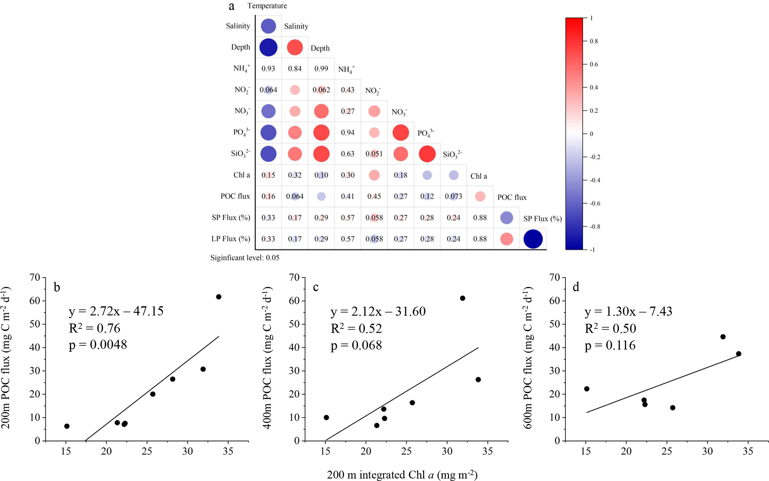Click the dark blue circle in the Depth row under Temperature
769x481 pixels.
click(268, 47)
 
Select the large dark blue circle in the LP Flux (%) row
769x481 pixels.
click(533, 239)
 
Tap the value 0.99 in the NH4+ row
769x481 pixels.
click(321, 68)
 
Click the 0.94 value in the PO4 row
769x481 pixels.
click(347, 132)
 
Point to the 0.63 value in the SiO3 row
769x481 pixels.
click(347, 154)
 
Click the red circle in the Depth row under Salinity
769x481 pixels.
click(295, 47)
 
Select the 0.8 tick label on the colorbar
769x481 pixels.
click(594, 41)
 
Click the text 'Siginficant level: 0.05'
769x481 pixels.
click(244, 257)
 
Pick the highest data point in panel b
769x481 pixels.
click(219, 297)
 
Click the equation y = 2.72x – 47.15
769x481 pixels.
click(116, 311)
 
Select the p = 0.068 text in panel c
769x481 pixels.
click(356, 345)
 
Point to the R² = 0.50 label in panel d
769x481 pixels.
click(610, 328)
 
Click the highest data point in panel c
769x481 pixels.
click(462, 298)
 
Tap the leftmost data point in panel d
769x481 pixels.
click(587, 389)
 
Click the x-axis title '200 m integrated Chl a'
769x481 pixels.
click(402, 475)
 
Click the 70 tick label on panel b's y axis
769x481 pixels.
click(35, 278)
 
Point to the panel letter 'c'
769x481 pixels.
click(316, 287)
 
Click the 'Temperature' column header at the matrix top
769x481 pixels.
click(267, 6)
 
